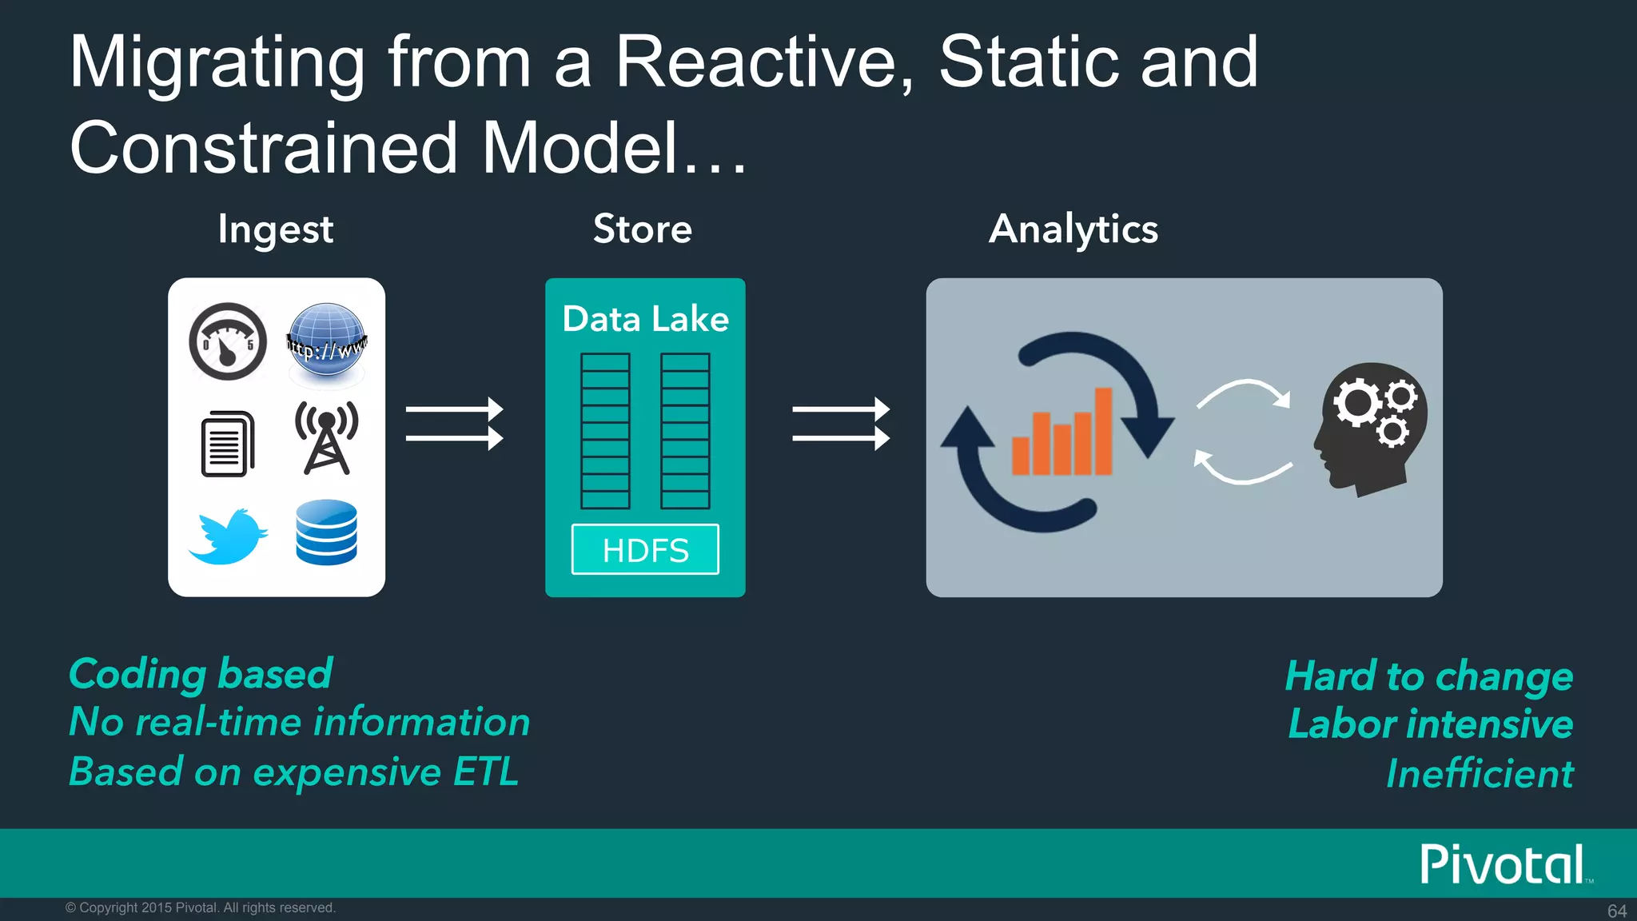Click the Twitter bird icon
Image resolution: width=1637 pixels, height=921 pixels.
(229, 536)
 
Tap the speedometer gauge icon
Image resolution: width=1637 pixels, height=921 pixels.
(228, 341)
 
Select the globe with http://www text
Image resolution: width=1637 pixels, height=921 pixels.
(326, 341)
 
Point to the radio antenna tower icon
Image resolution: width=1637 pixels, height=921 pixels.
(326, 438)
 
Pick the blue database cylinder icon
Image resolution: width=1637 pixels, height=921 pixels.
(326, 532)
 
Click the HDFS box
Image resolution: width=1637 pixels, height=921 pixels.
(645, 550)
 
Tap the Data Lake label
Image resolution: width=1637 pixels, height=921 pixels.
(645, 319)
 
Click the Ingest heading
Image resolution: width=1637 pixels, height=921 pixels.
(275, 230)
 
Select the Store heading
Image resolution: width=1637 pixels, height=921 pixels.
(642, 229)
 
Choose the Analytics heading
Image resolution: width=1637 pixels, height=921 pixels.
(1073, 230)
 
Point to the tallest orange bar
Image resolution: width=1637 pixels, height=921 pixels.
(1103, 431)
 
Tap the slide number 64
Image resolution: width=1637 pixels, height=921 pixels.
(1616, 911)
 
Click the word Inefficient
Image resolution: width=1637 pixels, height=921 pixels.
(1479, 774)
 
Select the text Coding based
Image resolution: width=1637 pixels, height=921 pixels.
(200, 674)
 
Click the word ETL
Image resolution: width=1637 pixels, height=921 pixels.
(486, 772)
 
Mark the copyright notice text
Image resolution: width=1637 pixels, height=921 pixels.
(200, 907)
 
